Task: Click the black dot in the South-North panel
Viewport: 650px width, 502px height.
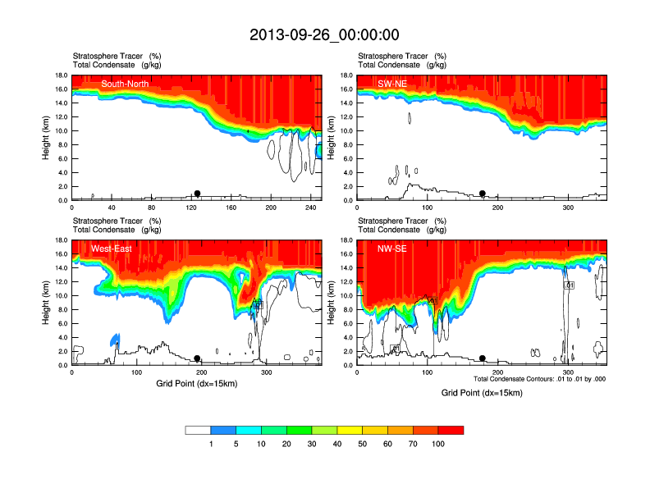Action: click(x=197, y=194)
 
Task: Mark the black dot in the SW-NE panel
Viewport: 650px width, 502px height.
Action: click(x=483, y=194)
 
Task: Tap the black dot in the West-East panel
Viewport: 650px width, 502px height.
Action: click(x=197, y=358)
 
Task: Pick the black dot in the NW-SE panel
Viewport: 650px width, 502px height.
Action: click(x=483, y=358)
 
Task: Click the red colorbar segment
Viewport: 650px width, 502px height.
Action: click(x=451, y=430)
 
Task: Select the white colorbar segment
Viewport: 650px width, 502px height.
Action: click(x=198, y=430)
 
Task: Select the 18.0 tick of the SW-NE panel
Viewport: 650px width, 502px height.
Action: click(x=346, y=75)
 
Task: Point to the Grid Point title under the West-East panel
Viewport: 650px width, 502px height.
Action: click(x=197, y=383)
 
